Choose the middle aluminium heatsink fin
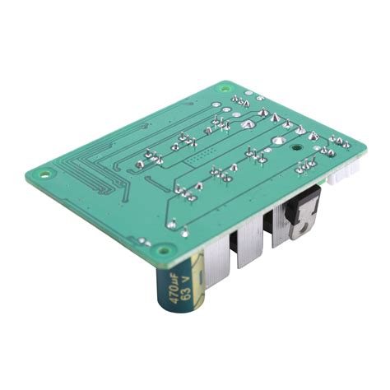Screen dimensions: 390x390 pyautogui.click(x=248, y=247)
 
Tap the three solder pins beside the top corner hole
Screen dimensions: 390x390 pyautogui.click(x=240, y=102)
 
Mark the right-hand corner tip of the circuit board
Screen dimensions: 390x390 pyautogui.click(x=363, y=149)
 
